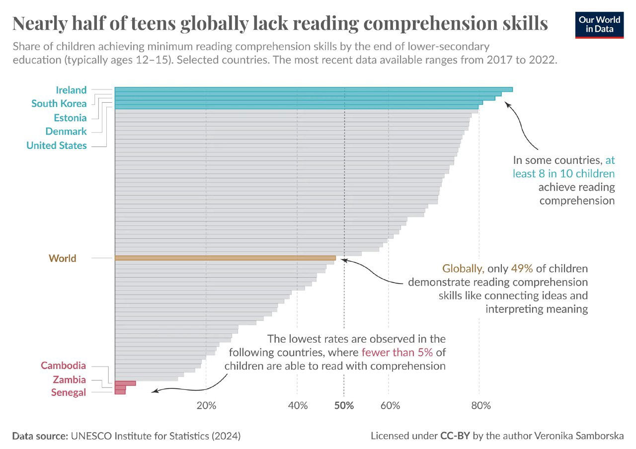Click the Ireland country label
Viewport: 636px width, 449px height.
71,90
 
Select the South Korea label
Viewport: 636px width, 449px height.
59,104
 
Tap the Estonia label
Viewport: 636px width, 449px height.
70,118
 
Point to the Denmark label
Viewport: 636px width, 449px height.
66,132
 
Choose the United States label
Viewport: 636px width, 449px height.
57,146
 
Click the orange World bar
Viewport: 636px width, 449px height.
225,258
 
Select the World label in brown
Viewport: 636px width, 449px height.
63,258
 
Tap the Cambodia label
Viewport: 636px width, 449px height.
63,366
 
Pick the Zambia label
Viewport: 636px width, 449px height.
70,380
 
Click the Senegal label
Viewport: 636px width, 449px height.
69,393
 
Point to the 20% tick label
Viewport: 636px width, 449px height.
206,406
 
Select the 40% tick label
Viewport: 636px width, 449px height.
298,406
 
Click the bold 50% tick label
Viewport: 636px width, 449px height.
344,406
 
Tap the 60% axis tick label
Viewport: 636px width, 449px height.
390,406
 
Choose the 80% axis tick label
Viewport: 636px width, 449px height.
481,406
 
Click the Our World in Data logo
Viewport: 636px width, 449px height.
600,25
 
